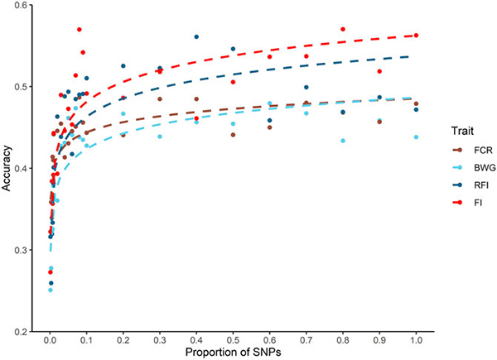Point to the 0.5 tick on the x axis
(x=233, y=338)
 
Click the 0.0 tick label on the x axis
(x=50, y=338)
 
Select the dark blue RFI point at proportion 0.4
(x=196, y=37)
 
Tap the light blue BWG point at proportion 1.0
(x=416, y=137)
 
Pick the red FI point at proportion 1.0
(x=416, y=36)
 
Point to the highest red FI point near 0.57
(x=79, y=30)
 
